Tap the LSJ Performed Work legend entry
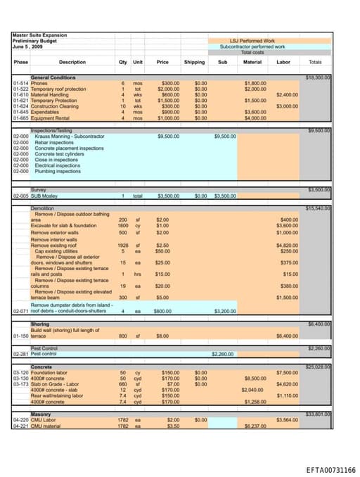(252, 41)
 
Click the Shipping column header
(194, 62)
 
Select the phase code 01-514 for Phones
(20, 83)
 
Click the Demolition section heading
(43, 208)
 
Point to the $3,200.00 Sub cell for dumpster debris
(225, 310)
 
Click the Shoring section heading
(40, 324)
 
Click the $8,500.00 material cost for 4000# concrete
(255, 378)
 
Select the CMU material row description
(46, 426)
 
